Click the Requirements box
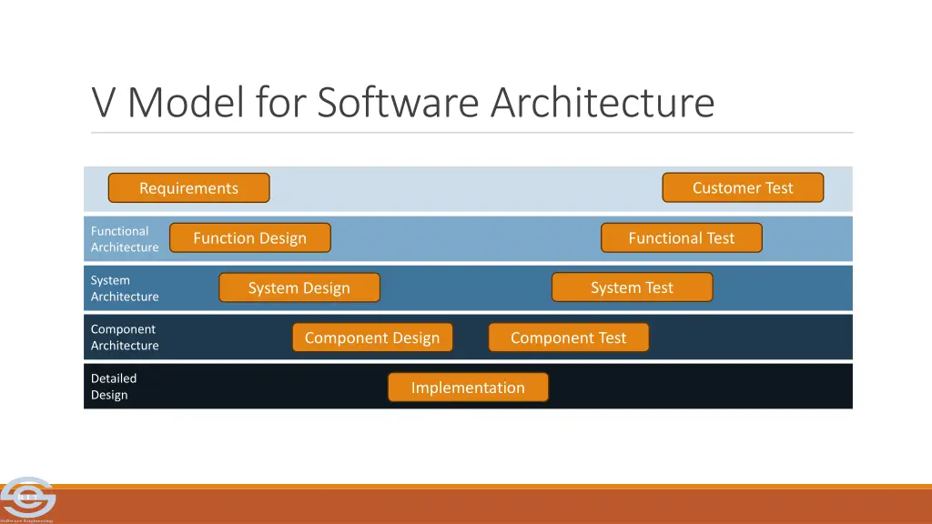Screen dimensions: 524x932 point(188,188)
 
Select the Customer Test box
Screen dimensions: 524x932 point(743,188)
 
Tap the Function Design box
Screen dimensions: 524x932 point(249,238)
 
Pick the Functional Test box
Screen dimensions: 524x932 point(681,238)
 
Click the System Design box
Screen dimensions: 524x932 point(299,288)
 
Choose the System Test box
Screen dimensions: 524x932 point(632,287)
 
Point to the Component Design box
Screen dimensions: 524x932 point(371,338)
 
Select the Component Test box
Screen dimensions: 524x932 point(568,338)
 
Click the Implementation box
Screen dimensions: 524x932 point(468,388)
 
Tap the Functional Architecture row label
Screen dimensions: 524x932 point(125,239)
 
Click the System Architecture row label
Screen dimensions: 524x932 point(125,288)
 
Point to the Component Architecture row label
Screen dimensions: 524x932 point(125,338)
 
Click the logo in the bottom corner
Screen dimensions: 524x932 point(27,499)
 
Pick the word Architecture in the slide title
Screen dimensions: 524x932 point(603,103)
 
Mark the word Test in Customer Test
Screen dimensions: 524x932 point(779,188)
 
